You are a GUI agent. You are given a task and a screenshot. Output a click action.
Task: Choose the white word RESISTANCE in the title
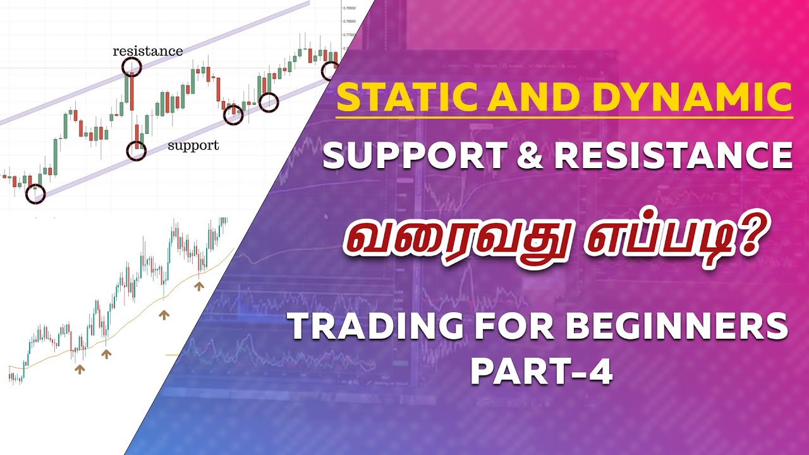click(x=673, y=156)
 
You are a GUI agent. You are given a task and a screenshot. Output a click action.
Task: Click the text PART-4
click(x=541, y=373)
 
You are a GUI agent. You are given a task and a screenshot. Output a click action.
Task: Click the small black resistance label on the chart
click(x=147, y=51)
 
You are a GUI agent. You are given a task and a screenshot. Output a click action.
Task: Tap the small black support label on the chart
click(x=193, y=145)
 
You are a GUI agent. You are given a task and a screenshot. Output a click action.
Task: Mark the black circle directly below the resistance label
click(x=131, y=66)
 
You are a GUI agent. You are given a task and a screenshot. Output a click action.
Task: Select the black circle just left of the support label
click(x=136, y=151)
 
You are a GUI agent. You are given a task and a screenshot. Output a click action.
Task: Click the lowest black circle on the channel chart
click(x=35, y=194)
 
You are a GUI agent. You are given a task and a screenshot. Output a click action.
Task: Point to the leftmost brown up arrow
click(x=79, y=369)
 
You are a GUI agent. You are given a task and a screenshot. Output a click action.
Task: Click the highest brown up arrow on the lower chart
click(x=199, y=286)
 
